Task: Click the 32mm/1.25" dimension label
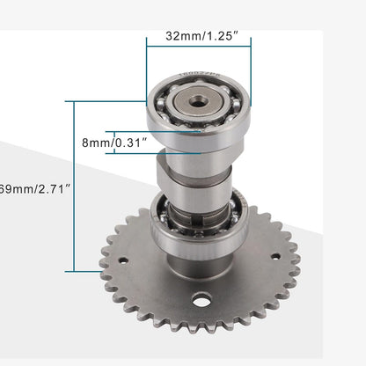[198, 38]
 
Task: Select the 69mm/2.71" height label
[31, 188]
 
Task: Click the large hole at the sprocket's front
[202, 300]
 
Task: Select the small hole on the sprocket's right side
[275, 256]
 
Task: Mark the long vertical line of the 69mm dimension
[76, 187]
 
